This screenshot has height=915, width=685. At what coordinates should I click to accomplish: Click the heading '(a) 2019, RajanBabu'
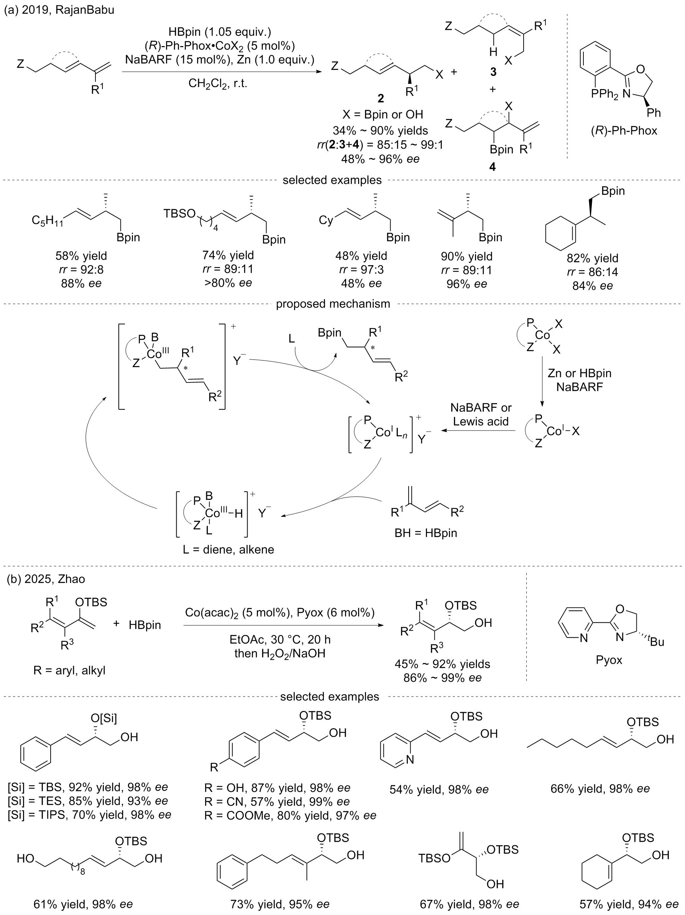coord(59,9)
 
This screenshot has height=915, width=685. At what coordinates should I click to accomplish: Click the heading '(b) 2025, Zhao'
coord(46,579)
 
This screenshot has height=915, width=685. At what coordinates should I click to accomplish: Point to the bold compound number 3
coord(493,72)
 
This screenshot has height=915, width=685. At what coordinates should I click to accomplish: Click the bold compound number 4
coord(492,167)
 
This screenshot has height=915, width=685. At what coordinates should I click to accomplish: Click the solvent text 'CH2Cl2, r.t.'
coord(218,84)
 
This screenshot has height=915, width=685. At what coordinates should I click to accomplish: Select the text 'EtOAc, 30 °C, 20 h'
coord(280,640)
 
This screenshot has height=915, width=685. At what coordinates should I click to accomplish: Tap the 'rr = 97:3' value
coord(361,270)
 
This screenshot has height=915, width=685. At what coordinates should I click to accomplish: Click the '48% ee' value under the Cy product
coord(361,284)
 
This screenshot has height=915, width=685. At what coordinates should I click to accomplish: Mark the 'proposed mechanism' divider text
coord(333,303)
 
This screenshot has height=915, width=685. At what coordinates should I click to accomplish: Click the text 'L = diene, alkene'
coord(228,549)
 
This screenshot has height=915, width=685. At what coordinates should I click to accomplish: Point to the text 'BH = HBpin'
coord(426,533)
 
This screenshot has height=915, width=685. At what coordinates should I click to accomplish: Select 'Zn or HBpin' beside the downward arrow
coord(579,373)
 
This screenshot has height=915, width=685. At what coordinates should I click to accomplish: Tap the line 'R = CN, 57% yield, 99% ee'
coord(277,802)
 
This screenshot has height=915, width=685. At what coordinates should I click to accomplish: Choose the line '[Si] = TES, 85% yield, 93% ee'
coord(88,801)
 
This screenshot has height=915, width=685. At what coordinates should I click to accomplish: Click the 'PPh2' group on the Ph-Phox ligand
coord(605,95)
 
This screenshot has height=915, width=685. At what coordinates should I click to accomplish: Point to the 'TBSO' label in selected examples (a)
coord(179,213)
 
